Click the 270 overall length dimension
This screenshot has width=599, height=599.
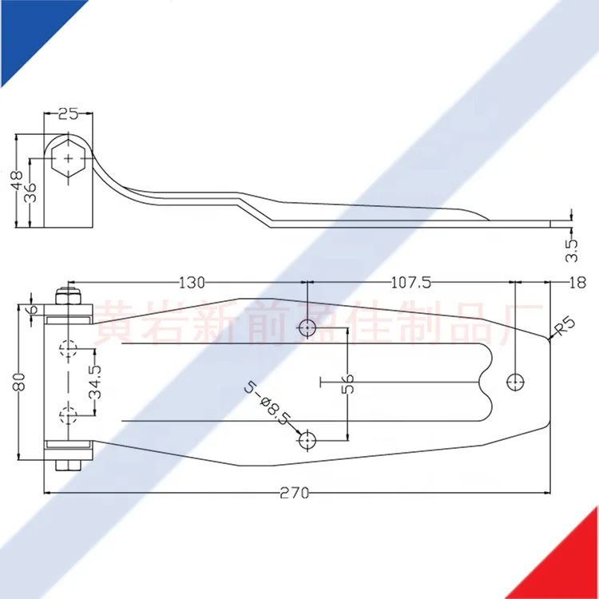[x=295, y=493]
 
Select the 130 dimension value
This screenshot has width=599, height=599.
[x=192, y=282]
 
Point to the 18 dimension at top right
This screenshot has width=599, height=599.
[x=577, y=282]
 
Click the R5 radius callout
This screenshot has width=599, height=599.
[x=563, y=327]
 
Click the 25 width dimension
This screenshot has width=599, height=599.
[x=69, y=113]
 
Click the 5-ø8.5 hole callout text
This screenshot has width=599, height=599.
[x=268, y=405]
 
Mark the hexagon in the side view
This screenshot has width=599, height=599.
[x=69, y=157]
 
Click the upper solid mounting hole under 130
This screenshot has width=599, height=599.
[x=308, y=327]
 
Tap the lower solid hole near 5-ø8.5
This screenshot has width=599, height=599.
[x=308, y=439]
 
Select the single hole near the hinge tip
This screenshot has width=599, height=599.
[x=516, y=383]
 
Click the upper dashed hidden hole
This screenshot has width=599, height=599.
[x=69, y=349]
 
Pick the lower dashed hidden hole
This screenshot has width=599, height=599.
[x=69, y=415]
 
